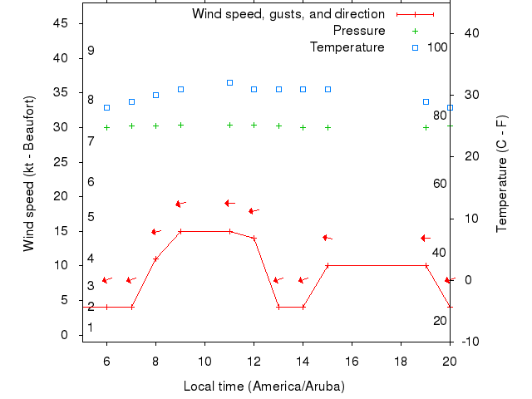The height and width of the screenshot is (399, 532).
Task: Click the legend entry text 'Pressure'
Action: coord(359,31)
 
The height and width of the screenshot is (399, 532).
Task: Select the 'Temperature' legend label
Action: coord(347,47)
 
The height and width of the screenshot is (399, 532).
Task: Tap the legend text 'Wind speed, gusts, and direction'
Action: coord(288,14)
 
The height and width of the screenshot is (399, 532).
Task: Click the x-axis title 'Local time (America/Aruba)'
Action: coord(264,387)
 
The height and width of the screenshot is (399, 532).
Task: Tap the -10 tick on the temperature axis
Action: coord(468,342)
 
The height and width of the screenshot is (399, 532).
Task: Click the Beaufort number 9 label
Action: coord(91,51)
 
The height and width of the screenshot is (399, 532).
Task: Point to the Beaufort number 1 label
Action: coord(91,328)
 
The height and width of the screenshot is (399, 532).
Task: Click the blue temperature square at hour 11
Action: coord(229,82)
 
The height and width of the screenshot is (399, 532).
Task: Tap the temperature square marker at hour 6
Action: coord(106,107)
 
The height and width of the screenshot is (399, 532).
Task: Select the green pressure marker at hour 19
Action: coord(426,127)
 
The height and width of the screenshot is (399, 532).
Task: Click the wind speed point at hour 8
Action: coord(155,259)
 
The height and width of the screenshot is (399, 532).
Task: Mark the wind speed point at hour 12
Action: coord(254,238)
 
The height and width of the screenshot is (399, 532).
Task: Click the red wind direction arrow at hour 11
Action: coord(230,203)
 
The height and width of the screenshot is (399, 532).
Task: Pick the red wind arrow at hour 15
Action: coord(328,238)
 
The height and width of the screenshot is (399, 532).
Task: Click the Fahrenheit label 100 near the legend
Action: coord(437,47)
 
